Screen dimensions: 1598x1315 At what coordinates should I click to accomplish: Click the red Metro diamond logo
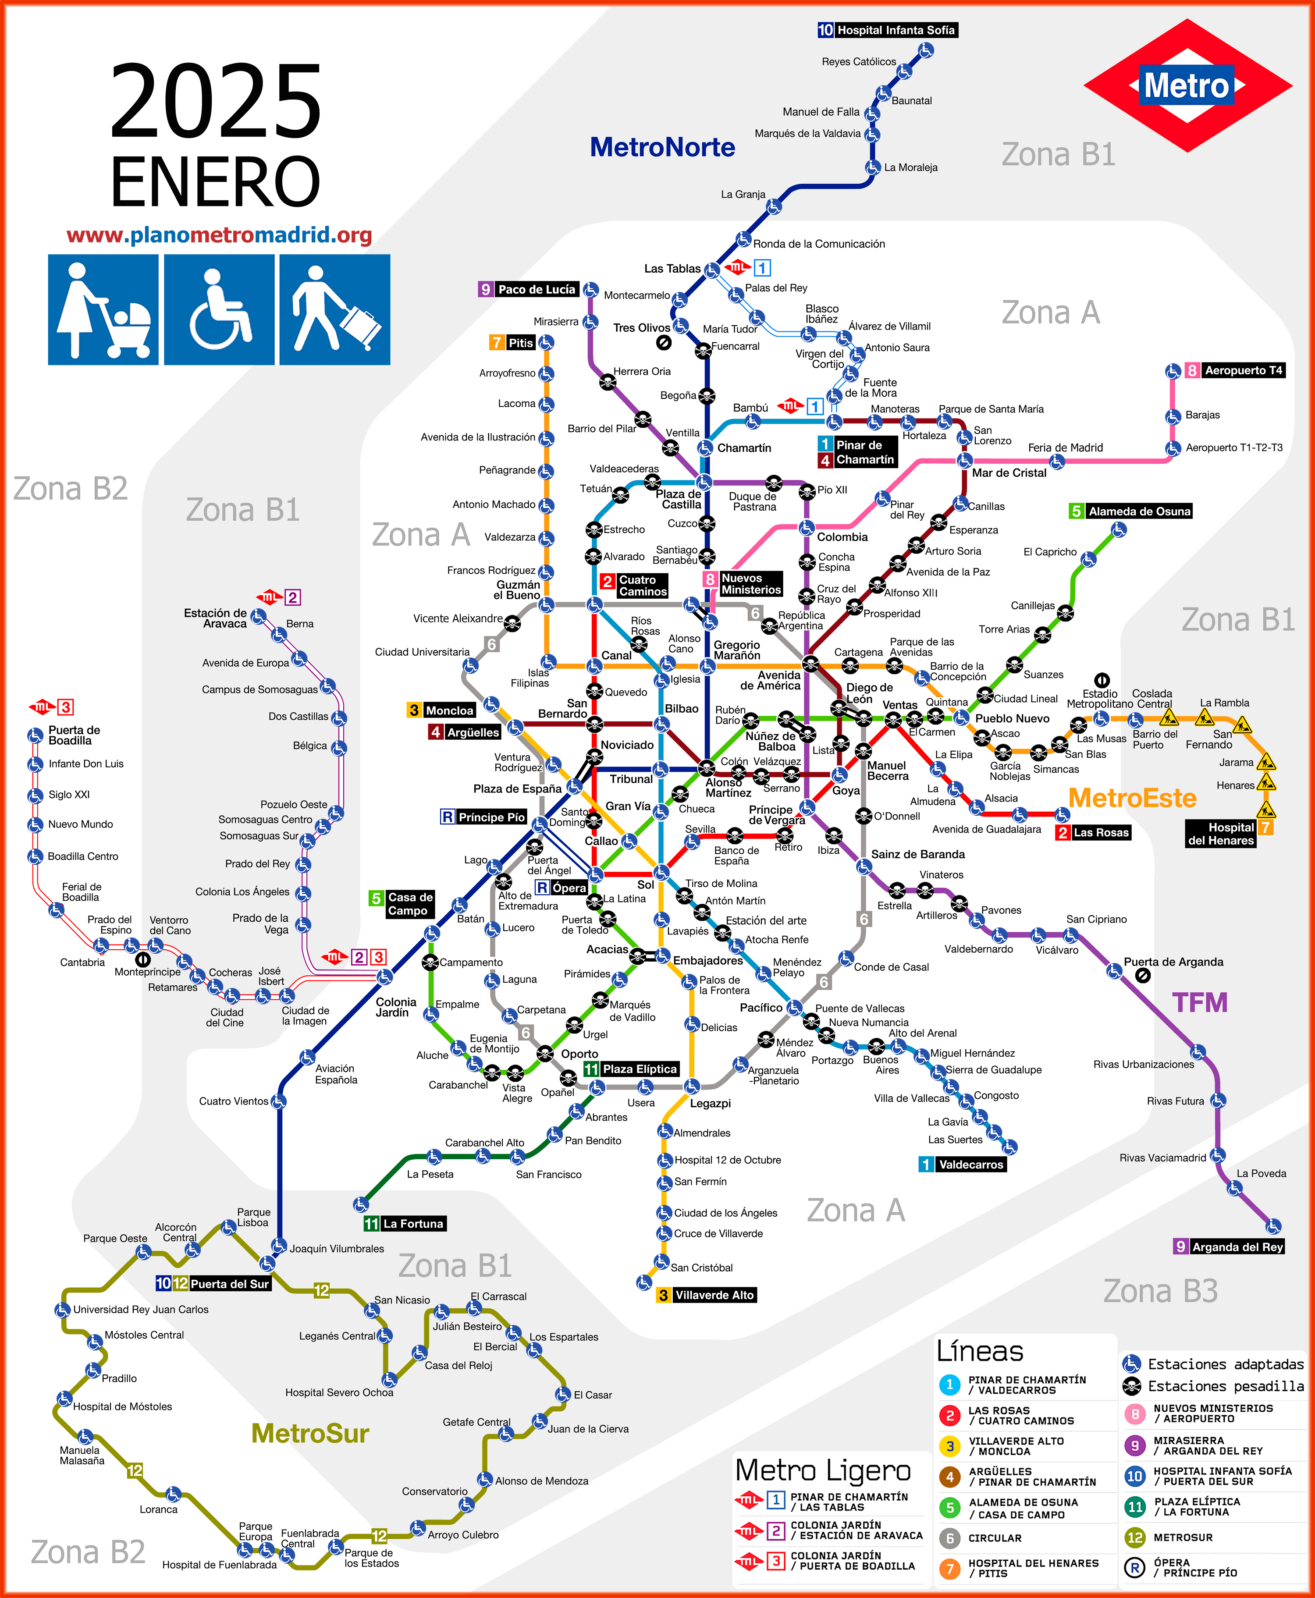1187,85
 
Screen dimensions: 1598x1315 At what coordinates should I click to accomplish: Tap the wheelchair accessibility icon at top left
219,310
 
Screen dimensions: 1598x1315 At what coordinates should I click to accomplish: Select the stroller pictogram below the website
103,310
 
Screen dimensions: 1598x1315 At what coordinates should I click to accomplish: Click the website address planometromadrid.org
220,235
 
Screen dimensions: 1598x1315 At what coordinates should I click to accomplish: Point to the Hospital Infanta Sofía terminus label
896,30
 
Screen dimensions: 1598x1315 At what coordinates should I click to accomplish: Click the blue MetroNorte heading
662,147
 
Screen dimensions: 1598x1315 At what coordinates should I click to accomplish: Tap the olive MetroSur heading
310,1434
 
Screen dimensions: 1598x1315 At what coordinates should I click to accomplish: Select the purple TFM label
1199,1002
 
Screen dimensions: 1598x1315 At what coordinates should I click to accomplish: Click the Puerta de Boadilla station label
74,735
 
